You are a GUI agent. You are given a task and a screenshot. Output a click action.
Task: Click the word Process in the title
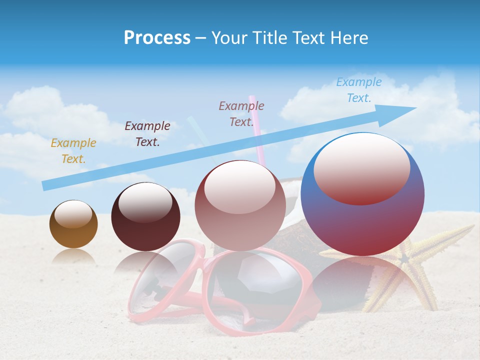157,37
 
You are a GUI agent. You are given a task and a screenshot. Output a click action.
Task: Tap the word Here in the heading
349,38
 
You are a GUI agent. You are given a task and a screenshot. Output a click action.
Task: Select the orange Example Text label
73,151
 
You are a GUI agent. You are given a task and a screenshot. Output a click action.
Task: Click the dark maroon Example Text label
147,134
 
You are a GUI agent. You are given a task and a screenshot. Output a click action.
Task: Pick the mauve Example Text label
241,113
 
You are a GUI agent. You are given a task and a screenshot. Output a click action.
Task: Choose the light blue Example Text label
359,90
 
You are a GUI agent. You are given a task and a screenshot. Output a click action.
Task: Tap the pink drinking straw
256,130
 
